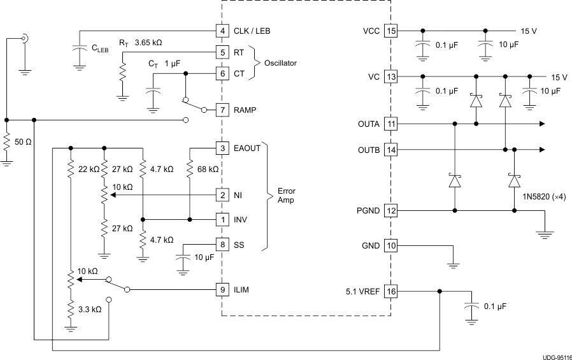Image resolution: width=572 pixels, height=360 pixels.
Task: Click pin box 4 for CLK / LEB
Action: click(x=221, y=30)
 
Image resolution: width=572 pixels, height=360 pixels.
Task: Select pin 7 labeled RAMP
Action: click(x=221, y=110)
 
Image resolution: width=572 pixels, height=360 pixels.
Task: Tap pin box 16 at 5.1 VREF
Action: click(x=391, y=292)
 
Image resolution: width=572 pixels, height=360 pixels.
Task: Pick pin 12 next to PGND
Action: click(x=391, y=210)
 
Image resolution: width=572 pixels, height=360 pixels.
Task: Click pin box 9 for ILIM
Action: click(x=221, y=290)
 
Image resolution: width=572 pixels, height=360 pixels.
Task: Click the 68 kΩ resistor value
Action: click(x=208, y=169)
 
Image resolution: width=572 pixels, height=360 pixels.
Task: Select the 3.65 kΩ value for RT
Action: click(x=148, y=43)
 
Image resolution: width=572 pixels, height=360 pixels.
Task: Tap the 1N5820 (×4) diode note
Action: click(x=540, y=196)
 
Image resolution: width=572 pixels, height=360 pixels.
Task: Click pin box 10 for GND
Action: click(x=391, y=246)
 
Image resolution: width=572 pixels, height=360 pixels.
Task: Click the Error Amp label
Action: click(x=286, y=195)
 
